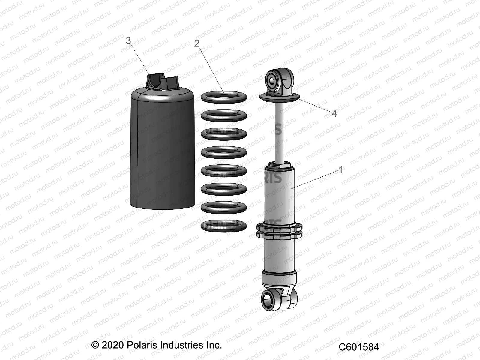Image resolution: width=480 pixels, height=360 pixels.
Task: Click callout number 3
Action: tap(128, 40)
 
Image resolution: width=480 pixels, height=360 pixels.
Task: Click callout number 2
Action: tap(197, 43)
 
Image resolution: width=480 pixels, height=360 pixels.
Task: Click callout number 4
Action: tap(334, 113)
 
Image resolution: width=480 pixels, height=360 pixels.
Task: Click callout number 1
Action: tap(340, 170)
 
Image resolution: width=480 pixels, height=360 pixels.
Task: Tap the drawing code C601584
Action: tap(359, 347)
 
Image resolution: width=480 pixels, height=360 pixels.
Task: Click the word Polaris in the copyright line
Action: tap(141, 345)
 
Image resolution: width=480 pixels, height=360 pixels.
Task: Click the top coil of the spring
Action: tap(224, 97)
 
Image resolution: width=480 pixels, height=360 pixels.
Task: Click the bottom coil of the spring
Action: tap(224, 226)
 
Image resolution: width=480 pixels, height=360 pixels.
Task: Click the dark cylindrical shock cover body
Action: tap(162, 150)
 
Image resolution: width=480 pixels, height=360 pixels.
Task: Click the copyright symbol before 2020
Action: tap(95, 345)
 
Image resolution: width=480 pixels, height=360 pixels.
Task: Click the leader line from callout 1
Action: tap(318, 178)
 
